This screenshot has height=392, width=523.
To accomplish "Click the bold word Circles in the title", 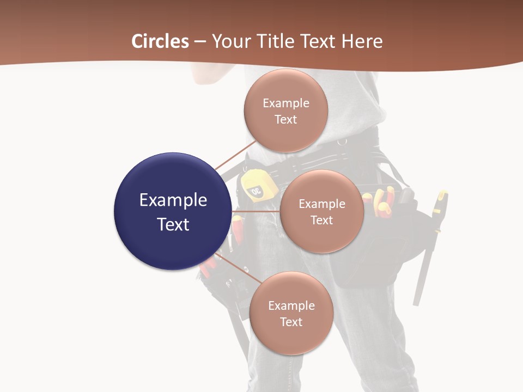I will (160, 41).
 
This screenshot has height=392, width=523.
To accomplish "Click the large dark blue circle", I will (173, 211).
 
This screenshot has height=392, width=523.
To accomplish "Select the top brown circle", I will (285, 111).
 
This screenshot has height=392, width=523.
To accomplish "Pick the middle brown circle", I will (321, 211).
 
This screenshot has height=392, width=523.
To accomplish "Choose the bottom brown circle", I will (291, 313).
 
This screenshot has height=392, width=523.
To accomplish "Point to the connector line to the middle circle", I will (256, 211).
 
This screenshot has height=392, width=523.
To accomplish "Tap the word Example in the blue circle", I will (173, 200).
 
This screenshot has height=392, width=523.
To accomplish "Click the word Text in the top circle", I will (285, 119).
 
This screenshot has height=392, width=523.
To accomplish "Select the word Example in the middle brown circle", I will (321, 204).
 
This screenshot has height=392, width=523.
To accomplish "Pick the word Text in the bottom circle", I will (291, 322).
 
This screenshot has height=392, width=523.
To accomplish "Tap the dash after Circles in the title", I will (200, 42).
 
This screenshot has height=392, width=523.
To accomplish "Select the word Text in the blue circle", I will (173, 224).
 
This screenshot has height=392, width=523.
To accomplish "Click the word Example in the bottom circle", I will (291, 305).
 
